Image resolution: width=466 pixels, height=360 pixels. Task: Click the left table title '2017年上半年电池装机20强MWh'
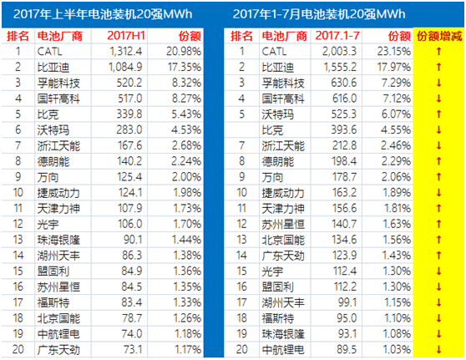[103, 14]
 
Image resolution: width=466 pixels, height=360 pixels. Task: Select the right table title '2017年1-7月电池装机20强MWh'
[319, 14]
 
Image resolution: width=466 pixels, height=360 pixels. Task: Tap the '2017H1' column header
[126, 36]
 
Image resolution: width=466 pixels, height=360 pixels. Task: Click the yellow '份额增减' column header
[439, 36]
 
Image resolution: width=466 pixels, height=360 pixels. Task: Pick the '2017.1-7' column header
[337, 36]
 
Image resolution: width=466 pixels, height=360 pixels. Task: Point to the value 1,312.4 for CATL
[126, 52]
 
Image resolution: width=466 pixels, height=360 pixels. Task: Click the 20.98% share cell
[184, 52]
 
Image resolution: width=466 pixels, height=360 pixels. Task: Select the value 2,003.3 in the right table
[339, 52]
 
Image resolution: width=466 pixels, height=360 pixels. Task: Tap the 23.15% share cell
[394, 52]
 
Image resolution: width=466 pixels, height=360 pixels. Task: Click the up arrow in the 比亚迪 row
[438, 67]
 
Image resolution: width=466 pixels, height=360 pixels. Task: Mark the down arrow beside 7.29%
[438, 83]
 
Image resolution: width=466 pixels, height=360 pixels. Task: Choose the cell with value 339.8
[129, 114]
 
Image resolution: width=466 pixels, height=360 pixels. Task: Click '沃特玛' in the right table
[277, 114]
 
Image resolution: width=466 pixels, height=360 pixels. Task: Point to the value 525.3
[344, 114]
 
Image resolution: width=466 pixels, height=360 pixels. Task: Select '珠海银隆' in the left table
[58, 240]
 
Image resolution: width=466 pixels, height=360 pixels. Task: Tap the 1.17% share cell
[188, 350]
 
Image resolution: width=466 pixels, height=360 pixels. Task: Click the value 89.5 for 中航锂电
[347, 350]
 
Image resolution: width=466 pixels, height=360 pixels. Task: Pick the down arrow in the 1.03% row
[438, 350]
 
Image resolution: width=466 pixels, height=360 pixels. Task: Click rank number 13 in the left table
[18, 240]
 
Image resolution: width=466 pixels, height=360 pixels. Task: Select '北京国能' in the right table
[283, 240]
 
